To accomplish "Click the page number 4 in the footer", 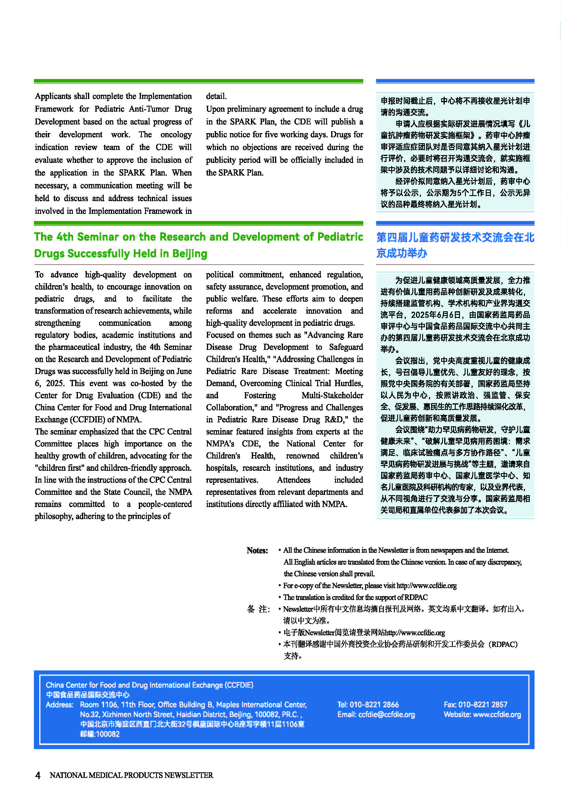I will coord(38,775).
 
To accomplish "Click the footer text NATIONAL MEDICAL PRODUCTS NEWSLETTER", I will coord(131,775).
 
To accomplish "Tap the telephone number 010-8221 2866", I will coord(374,704).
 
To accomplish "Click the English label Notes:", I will coord(257,550).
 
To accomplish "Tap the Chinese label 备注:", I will coord(258,609).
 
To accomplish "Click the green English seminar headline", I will coord(198,245).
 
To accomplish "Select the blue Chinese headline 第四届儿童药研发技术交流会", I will coord(455,245).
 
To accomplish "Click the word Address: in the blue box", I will coord(59,705).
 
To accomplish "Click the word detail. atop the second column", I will coord(216,96).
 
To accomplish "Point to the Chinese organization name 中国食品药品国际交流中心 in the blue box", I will coord(87,694).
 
